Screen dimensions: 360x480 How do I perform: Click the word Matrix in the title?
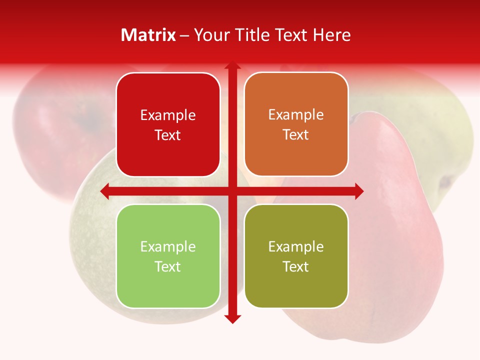(148, 35)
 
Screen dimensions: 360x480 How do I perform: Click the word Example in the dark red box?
(168, 115)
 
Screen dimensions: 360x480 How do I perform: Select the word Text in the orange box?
(296, 135)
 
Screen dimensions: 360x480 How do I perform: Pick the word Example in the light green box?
(168, 246)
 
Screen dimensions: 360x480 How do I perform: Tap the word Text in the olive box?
(296, 266)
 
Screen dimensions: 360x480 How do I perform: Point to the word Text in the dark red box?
(168, 135)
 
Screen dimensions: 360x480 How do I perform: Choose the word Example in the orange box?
(296, 115)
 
